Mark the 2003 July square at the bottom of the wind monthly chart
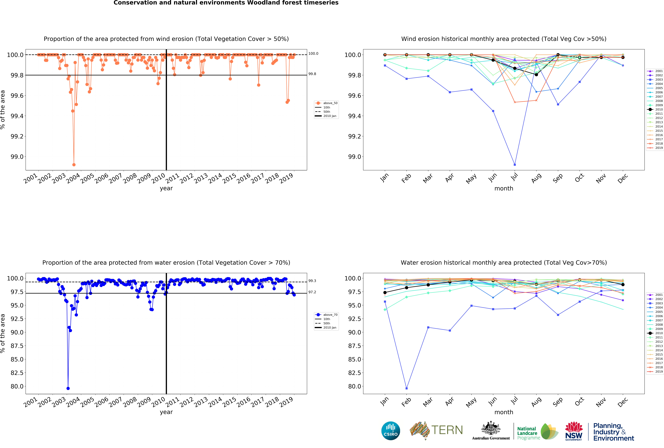515,165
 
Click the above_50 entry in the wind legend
330,103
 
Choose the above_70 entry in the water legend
330,315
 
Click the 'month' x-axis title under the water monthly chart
504,412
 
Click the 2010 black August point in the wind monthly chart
536,74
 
